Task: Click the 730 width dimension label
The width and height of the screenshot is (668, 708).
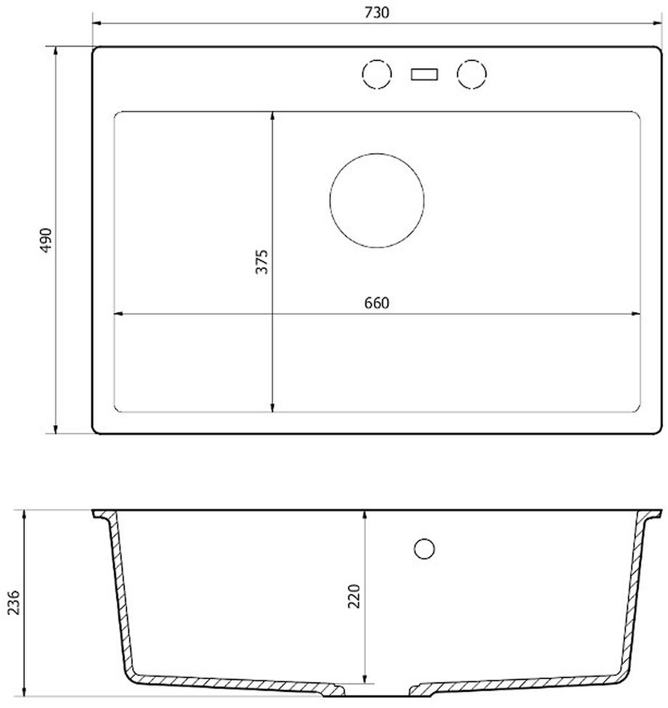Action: [377, 12]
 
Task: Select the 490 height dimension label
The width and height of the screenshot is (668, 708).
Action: [46, 240]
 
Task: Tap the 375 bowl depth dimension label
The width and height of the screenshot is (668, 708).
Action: [261, 261]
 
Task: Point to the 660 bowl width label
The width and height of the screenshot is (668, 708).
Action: [377, 302]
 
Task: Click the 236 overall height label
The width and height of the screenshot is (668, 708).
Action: [14, 602]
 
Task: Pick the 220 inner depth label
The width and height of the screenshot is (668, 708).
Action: [354, 596]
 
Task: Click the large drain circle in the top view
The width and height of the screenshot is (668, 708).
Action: [377, 153]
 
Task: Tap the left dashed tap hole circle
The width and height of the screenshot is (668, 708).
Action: [377, 59]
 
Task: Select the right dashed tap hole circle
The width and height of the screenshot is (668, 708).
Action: [471, 59]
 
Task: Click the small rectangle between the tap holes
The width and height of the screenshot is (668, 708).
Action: [424, 74]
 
